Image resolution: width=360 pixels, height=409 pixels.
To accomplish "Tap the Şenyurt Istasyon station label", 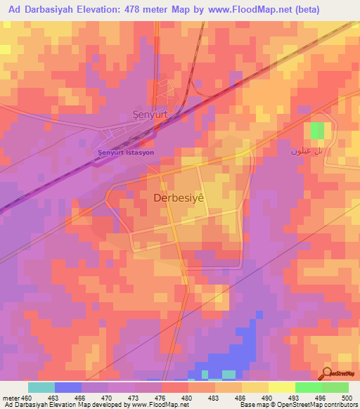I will coord(125,150).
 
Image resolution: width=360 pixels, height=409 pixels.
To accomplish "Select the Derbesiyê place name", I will coord(179,198).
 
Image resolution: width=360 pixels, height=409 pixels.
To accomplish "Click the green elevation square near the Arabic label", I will coord(318,130).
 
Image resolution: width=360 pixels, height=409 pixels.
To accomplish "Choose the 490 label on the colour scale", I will coord(269,398).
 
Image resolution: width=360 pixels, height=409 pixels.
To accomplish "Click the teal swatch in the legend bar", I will coord(41,387).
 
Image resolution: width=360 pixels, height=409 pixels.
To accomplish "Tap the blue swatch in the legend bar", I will coord(67,387).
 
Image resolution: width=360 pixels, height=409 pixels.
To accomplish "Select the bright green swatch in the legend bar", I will coord(309,387).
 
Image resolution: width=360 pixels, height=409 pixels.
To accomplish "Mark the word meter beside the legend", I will coord(10,398).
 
